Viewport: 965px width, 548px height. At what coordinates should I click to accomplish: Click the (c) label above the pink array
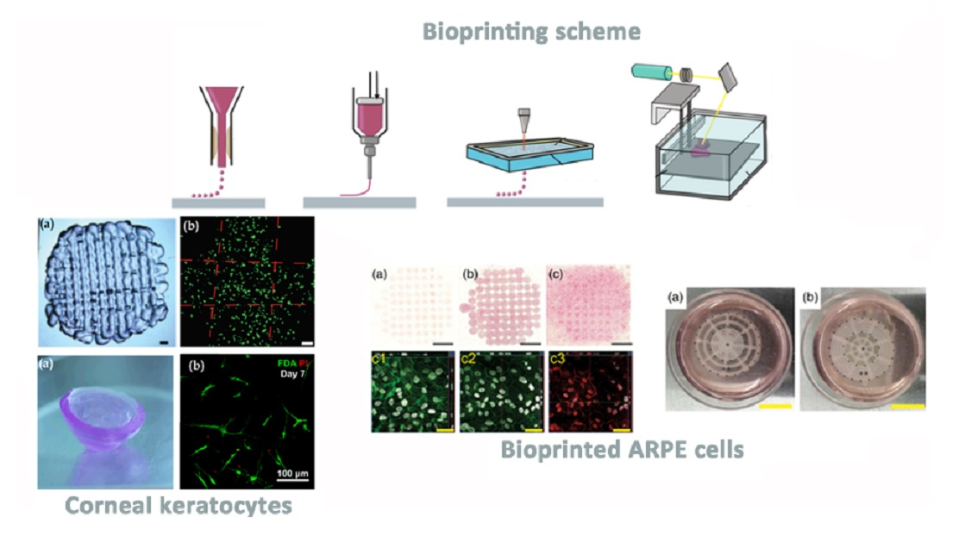[557, 276]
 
